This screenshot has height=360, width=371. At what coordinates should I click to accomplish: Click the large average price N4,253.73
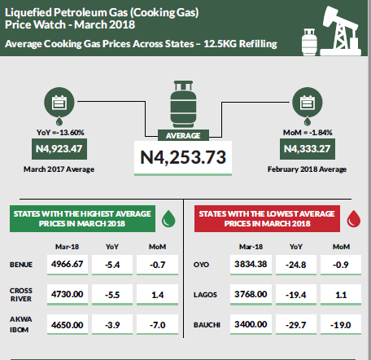point(183,157)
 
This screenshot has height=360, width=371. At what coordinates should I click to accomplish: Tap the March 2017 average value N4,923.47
point(59,149)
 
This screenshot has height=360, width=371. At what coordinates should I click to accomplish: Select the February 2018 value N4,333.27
point(308,149)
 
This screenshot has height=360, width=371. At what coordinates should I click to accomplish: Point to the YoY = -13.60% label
point(60,133)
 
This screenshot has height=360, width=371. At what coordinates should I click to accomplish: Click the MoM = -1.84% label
point(308,133)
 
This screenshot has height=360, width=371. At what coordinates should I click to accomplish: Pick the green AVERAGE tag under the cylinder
point(183,135)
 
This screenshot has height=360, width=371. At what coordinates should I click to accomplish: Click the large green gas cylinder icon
point(183,104)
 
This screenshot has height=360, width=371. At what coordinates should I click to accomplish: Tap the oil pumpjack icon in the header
point(341,31)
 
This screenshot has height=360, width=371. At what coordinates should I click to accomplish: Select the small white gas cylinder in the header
point(309,42)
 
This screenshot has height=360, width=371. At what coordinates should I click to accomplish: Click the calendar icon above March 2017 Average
point(59,103)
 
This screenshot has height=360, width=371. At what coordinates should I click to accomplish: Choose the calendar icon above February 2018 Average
point(308,103)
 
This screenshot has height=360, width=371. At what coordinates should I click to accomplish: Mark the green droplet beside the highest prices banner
point(168,218)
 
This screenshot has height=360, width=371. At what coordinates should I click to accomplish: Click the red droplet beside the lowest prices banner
point(354,218)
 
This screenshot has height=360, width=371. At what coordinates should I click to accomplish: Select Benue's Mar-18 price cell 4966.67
point(68,264)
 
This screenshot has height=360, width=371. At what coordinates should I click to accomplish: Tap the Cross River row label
point(21,295)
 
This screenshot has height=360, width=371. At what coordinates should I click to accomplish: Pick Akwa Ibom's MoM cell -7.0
point(157,325)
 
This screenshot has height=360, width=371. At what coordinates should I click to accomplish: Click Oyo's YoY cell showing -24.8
point(296,265)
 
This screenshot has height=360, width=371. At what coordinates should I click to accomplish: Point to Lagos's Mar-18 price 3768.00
point(251,294)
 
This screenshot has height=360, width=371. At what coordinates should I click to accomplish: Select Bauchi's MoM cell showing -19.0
point(341,325)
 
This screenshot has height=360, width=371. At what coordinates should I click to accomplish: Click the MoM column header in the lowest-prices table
point(341,247)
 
